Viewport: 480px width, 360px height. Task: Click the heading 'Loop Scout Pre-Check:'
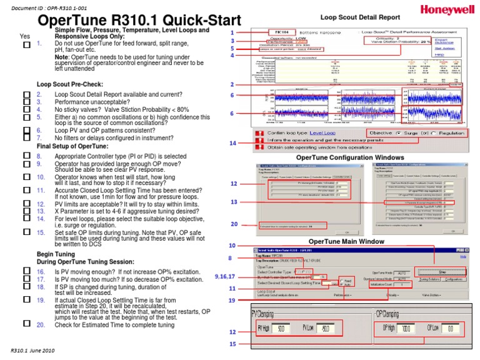click(69, 84)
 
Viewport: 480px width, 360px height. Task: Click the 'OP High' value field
click(407, 327)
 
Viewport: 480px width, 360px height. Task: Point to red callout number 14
click(232, 143)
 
